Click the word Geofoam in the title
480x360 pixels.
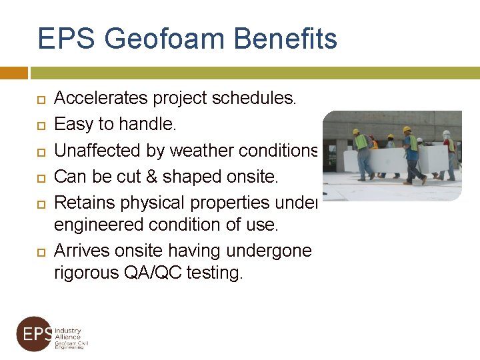click(157, 39)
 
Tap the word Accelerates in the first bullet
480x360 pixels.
click(101, 99)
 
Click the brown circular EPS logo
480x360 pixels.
click(34, 334)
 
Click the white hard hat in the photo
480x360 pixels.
click(446, 133)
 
